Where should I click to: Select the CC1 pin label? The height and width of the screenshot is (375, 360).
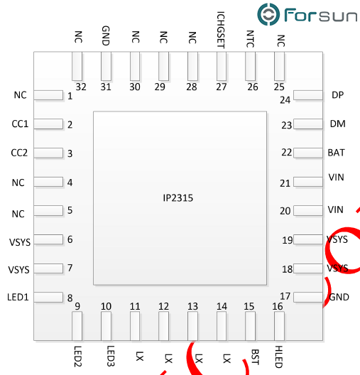[20, 124]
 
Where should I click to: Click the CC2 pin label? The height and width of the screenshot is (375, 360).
[20, 153]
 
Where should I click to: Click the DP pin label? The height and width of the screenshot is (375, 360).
[337, 95]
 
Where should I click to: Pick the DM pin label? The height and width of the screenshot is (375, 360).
[337, 124]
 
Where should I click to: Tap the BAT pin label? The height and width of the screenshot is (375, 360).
[337, 152]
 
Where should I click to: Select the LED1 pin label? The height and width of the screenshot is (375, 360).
[18, 297]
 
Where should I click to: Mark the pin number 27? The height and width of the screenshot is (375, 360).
[222, 87]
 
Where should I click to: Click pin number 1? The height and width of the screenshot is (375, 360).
[70, 95]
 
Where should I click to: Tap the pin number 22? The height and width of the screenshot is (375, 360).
[286, 152]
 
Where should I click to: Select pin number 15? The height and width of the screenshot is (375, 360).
[249, 306]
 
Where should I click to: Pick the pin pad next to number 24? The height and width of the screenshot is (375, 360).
[308, 95]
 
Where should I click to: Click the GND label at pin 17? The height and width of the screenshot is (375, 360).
[339, 297]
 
